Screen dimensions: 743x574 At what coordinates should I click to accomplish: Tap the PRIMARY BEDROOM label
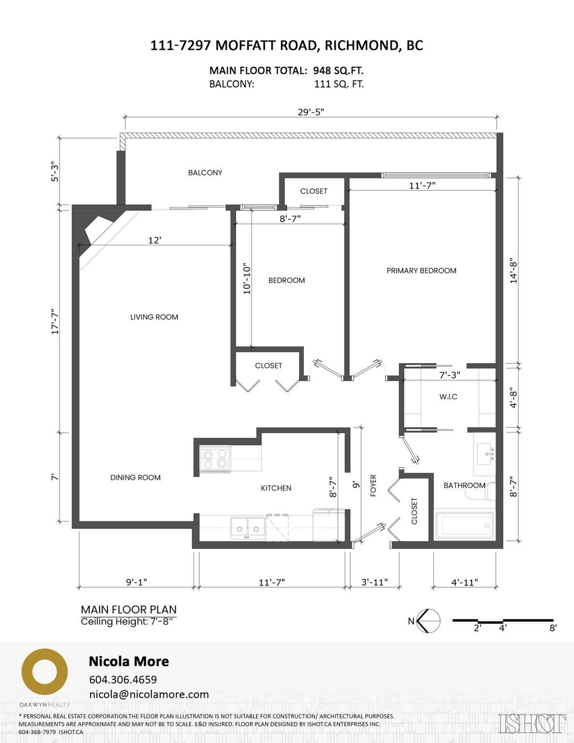point(421,271)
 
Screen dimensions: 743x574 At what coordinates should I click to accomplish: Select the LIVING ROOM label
point(154,317)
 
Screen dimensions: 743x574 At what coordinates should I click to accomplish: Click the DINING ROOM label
point(135,478)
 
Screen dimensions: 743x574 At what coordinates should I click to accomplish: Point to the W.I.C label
point(448,397)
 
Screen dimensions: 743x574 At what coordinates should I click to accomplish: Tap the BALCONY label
point(205,173)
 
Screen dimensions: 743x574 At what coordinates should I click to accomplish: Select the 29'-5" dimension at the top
point(311,112)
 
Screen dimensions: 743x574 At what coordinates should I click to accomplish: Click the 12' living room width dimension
point(155,241)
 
